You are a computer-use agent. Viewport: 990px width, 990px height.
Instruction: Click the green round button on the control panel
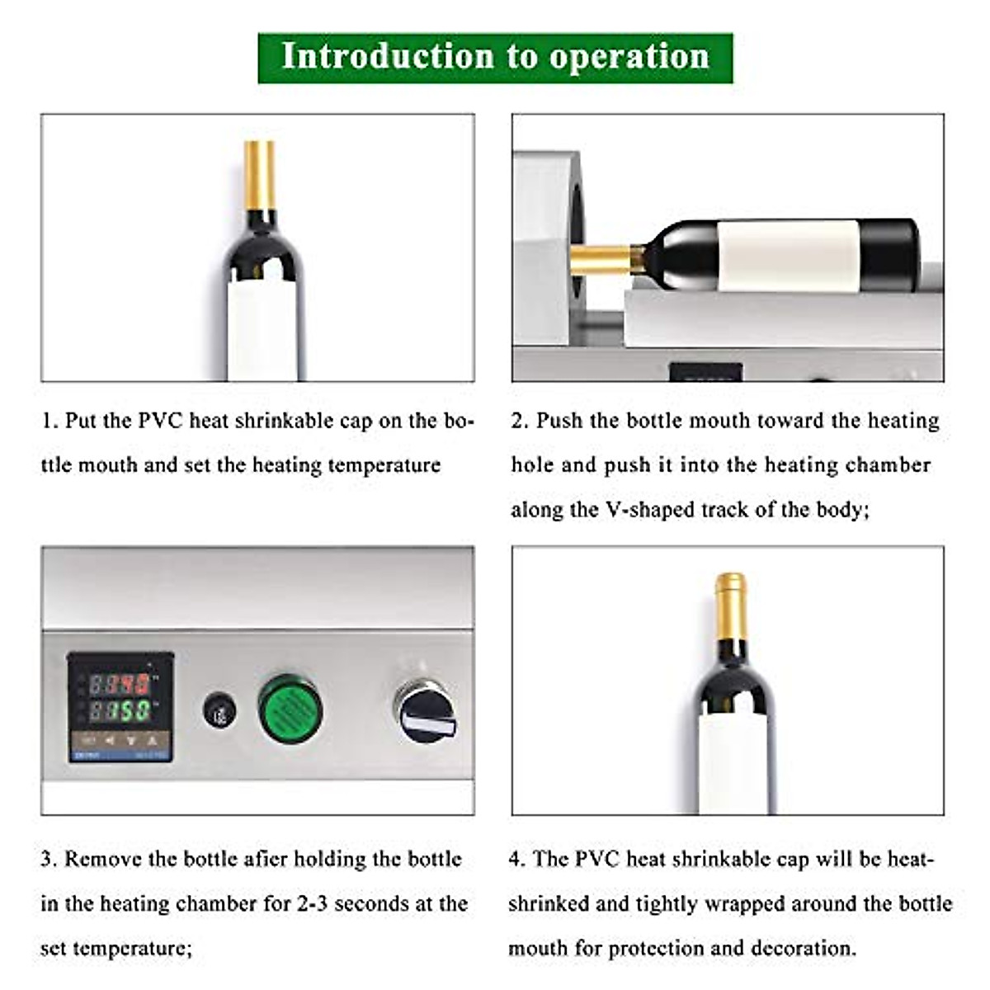click(x=290, y=708)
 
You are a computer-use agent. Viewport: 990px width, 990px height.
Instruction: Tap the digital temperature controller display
click(x=120, y=706)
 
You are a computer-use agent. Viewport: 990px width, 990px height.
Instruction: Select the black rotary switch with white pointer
click(x=423, y=710)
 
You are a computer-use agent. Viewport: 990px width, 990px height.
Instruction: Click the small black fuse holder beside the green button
click(x=219, y=710)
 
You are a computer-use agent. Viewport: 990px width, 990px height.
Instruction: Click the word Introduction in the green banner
click(x=387, y=57)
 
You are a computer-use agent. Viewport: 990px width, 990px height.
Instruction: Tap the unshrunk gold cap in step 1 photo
click(x=259, y=175)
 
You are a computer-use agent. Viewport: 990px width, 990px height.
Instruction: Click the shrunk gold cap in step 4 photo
click(x=730, y=606)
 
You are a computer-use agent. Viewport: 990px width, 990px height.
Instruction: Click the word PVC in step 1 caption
click(x=161, y=421)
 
